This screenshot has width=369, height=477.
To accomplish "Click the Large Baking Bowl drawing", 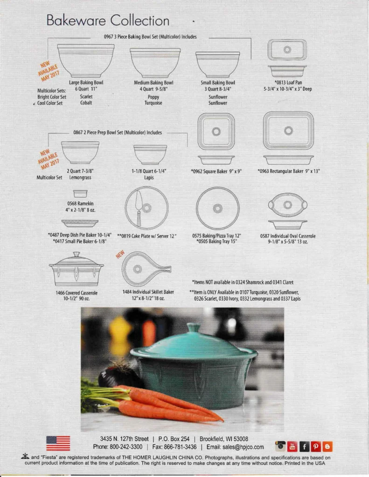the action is coord(86,61).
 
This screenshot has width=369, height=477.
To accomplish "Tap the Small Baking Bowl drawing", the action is coord(217,64).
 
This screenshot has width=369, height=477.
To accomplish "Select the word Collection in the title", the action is coord(140,20).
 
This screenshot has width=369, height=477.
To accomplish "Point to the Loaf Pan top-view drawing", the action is coord(287,50).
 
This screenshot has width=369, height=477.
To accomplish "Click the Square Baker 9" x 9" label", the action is coord(216,171).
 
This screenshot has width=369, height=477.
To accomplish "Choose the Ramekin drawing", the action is coord(80,193).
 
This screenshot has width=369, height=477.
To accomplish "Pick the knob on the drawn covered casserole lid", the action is coord(77,254).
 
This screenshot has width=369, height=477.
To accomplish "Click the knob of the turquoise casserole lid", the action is coord(194,327).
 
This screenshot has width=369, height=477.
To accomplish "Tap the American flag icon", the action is coord(58,443).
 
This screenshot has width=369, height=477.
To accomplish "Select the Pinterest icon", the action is coord(316,446).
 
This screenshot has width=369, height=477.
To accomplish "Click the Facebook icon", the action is coord(305,446).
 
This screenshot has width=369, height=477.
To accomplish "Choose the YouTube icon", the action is coord(292,446).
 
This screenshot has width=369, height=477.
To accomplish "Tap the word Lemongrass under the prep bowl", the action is coord(80,177).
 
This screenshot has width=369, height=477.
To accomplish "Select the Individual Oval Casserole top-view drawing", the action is coord(288,205).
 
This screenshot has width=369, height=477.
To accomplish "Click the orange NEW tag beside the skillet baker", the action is coord(120,254).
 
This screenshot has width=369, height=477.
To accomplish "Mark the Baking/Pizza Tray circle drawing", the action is coord(217,208).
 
